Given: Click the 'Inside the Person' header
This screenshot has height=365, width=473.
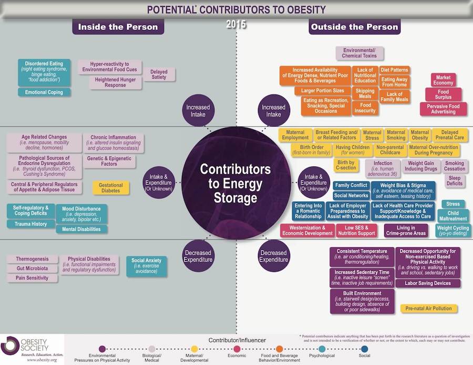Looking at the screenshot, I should pos(118,27).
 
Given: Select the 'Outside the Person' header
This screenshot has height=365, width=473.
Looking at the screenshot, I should pos(354,27).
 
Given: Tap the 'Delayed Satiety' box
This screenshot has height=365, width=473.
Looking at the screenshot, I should pos(159,75).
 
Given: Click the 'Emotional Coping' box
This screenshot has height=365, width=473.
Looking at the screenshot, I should pos(44,92).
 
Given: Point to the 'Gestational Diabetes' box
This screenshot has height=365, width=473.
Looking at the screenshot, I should pos(111,188).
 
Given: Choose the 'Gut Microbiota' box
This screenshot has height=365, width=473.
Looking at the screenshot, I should pos(29,268).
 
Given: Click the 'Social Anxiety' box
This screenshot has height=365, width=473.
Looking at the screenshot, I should pos(146,264).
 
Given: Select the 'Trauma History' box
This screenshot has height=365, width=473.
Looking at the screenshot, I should pos(30,224).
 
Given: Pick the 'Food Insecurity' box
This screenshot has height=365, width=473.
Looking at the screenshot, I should pos(365,108).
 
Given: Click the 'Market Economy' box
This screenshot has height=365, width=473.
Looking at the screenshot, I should pos(443,80).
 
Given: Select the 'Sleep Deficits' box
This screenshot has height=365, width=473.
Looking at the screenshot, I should pos(455,181).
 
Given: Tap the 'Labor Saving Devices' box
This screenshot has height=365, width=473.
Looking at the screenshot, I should pos(427,284).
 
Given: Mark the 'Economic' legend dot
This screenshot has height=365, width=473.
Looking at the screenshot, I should pos(237,348).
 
